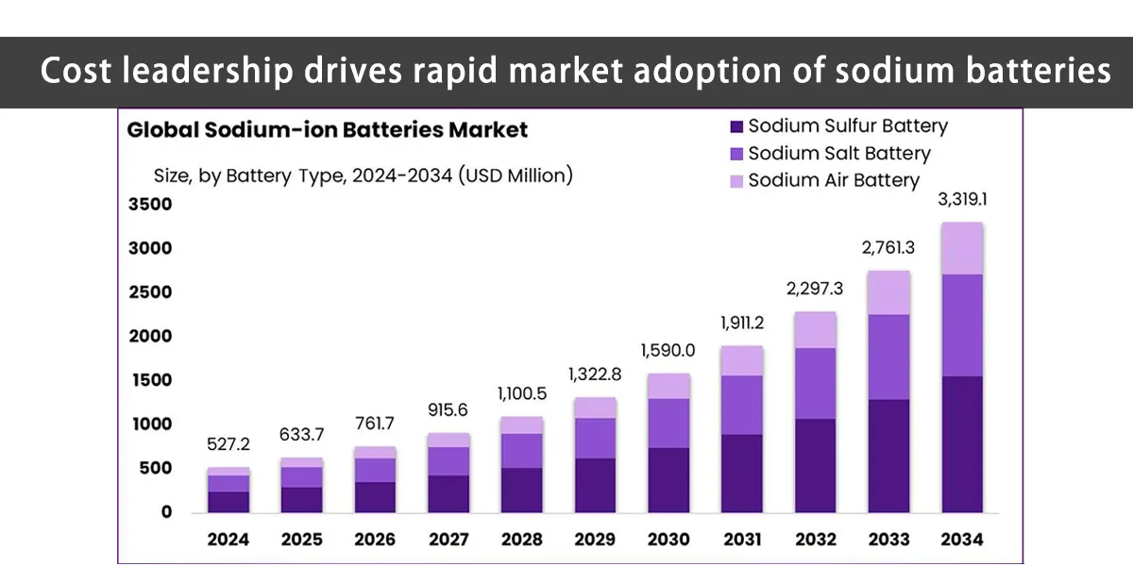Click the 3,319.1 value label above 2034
(x=962, y=201)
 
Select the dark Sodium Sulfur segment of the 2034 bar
(x=962, y=443)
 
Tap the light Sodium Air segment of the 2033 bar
(x=888, y=292)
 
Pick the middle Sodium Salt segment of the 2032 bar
(x=815, y=383)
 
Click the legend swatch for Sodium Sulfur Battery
(x=737, y=126)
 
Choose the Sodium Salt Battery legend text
(x=838, y=153)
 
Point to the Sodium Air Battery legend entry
(x=833, y=180)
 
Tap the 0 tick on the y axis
(x=166, y=512)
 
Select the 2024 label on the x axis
(x=228, y=540)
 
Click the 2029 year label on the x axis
(x=596, y=540)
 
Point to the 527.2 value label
(x=228, y=444)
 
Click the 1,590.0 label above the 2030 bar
(x=668, y=350)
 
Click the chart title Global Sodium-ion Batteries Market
(x=328, y=130)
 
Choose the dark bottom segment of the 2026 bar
(x=375, y=497)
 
